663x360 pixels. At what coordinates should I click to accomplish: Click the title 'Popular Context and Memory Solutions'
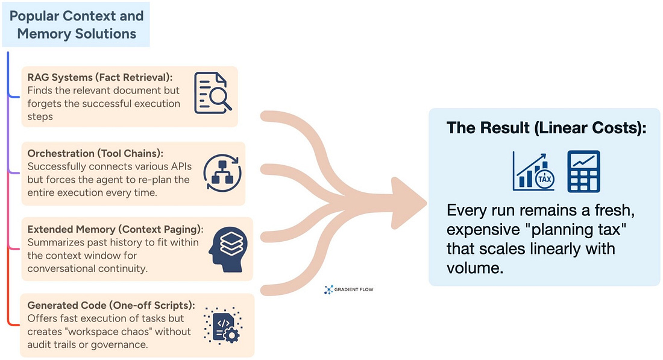pos(77,24)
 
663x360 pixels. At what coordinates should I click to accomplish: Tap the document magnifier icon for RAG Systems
pos(212,93)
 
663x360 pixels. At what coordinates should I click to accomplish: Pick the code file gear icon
pos(222,325)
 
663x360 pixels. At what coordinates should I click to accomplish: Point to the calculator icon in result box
pos(583,171)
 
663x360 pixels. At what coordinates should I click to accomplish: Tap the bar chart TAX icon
pos(535,171)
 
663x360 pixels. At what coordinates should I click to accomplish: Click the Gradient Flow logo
pos(349,289)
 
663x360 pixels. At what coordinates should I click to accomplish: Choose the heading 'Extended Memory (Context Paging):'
pos(115,229)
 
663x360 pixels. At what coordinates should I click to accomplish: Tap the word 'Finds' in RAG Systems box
pos(40,90)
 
